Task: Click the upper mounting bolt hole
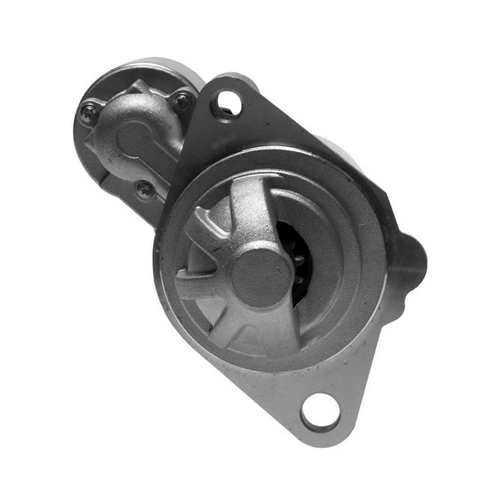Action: pyautogui.click(x=228, y=104)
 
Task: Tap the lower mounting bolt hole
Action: pyautogui.click(x=320, y=412)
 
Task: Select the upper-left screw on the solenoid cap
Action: pyautogui.click(x=88, y=109)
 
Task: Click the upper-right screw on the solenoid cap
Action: pyautogui.click(x=181, y=102)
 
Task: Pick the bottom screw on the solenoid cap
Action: pyautogui.click(x=145, y=189)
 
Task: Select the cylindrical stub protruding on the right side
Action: pyautogui.click(x=408, y=261)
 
